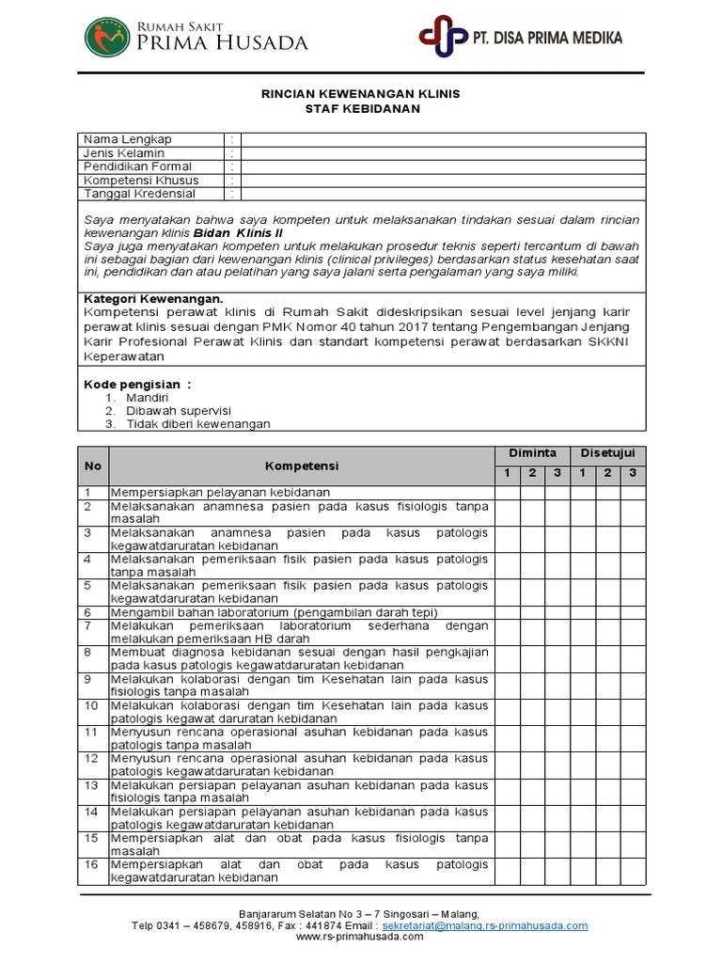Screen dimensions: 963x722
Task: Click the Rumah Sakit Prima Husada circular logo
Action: (x=107, y=37)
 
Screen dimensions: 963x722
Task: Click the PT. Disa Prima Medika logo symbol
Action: (x=443, y=38)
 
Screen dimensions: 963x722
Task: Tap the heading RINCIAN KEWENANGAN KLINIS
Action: (x=360, y=95)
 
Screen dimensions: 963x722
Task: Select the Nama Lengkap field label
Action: (x=128, y=139)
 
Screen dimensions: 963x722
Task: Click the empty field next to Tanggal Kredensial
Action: (x=443, y=194)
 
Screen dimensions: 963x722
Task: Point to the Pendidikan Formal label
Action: (x=137, y=166)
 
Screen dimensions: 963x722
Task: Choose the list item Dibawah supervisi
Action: (x=179, y=411)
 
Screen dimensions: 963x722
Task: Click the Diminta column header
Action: (x=532, y=453)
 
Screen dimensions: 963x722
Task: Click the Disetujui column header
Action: (x=607, y=453)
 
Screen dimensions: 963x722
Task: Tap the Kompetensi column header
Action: (x=302, y=466)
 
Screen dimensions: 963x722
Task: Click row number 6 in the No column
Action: (x=87, y=611)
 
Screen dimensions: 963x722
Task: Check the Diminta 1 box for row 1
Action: (x=507, y=492)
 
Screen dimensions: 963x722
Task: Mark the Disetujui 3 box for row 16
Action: (x=633, y=871)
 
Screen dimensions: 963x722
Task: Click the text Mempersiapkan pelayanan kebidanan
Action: (x=220, y=492)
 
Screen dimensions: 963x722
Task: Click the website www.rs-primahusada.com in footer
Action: (x=360, y=937)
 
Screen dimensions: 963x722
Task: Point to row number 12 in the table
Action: (x=90, y=757)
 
